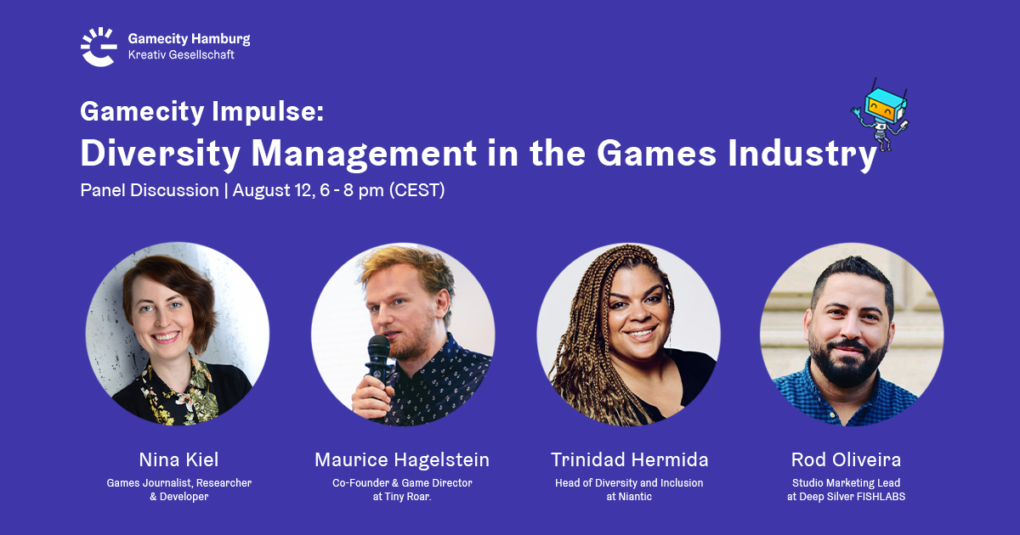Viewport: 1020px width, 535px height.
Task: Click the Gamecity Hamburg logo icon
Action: [x=99, y=47]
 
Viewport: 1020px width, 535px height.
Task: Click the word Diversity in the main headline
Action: [x=161, y=155]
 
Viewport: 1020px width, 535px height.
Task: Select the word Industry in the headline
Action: [x=802, y=155]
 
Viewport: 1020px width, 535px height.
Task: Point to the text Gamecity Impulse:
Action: [x=201, y=112]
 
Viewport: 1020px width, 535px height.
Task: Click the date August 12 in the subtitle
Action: [x=273, y=190]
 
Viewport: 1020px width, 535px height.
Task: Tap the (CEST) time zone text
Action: [x=416, y=190]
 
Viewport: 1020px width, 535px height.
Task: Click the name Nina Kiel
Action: [x=179, y=459]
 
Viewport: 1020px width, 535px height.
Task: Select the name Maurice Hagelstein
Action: [x=402, y=459]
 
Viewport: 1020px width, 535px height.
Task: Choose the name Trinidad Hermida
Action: [x=629, y=459]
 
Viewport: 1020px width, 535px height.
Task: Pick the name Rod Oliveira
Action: [x=846, y=459]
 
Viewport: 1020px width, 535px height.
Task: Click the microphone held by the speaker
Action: [x=378, y=364]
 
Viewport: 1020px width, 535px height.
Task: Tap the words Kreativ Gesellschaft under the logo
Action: [x=181, y=54]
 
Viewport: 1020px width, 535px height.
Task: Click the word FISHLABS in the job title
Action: [x=881, y=497]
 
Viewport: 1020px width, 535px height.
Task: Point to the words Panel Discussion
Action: [x=150, y=190]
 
